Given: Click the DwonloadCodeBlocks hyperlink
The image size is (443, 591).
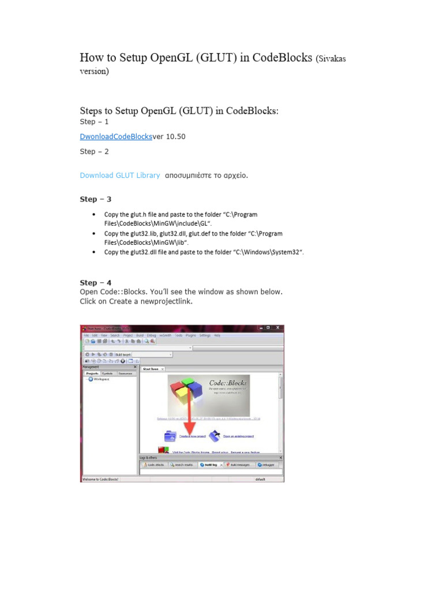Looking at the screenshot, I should (115, 137).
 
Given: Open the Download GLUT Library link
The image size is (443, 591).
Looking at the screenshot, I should (119, 175).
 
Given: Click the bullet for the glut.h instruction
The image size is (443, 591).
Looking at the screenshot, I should (94, 215).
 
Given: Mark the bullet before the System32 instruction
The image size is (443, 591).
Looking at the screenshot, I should (94, 253).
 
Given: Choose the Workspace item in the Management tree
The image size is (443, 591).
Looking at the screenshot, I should (101, 379).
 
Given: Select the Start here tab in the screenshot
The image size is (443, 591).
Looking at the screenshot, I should (151, 368).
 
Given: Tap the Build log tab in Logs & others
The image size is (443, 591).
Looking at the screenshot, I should (209, 465).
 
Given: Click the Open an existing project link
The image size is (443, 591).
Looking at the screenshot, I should (238, 436).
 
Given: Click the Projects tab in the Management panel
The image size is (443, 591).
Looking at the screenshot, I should (91, 373).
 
